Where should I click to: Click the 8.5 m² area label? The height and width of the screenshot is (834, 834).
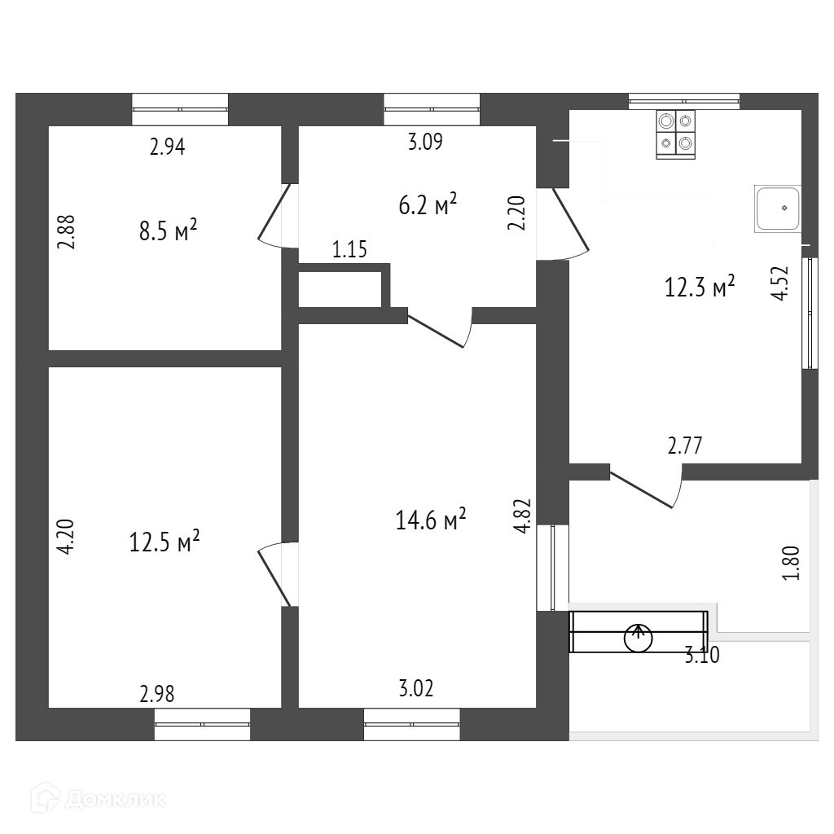(x=169, y=233)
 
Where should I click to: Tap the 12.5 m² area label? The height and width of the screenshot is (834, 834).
(x=165, y=542)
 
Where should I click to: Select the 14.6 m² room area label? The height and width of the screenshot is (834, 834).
(x=431, y=519)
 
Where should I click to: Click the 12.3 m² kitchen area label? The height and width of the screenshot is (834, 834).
(x=700, y=287)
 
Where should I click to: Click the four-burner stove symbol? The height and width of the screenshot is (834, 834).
(x=676, y=134)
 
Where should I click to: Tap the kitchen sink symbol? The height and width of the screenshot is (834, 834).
(x=777, y=208)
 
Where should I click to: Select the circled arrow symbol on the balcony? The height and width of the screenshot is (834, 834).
(x=638, y=637)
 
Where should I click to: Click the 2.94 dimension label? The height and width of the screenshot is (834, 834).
(x=168, y=147)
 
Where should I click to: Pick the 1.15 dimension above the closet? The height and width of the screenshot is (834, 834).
(x=349, y=250)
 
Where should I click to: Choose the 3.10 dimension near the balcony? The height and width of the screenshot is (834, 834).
(x=702, y=654)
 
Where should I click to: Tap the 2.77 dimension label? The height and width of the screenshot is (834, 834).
(x=684, y=446)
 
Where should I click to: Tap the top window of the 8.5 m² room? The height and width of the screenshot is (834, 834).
(x=180, y=109)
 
